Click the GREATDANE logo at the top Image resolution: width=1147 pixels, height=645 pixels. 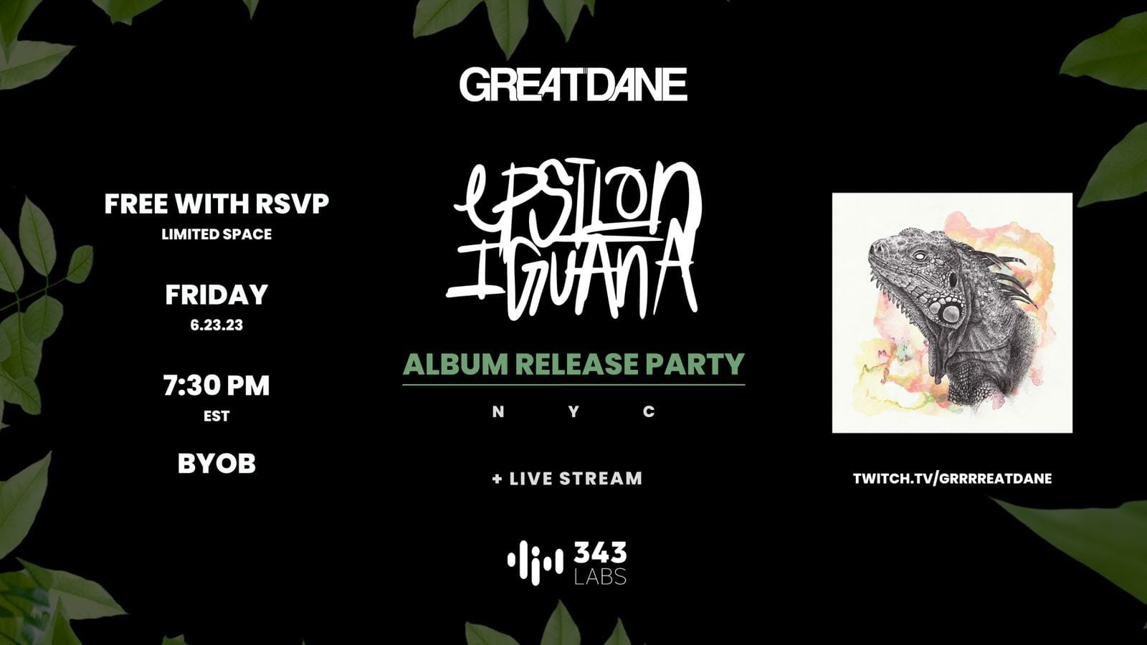pos(573,85)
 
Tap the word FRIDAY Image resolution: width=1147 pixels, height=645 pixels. pos(216,295)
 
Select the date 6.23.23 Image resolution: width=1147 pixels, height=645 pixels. pos(216,325)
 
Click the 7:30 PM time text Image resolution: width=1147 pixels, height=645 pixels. pos(216,386)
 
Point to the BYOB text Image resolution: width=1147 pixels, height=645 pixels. pos(216,464)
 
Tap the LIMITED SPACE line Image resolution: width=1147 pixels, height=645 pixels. pos(216,234)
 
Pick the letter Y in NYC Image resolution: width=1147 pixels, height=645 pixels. pos(573,411)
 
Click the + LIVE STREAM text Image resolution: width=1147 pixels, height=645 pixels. pos(567,479)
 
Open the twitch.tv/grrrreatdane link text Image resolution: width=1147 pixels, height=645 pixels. pos(953,479)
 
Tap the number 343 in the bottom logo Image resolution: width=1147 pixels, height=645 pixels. pos(600,553)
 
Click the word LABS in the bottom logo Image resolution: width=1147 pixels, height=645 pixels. pos(600,576)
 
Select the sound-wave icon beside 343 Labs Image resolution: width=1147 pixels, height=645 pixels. pos(536,563)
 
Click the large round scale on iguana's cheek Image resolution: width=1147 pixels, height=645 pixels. pos(951,312)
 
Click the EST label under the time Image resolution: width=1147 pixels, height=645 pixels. pos(216,416)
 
